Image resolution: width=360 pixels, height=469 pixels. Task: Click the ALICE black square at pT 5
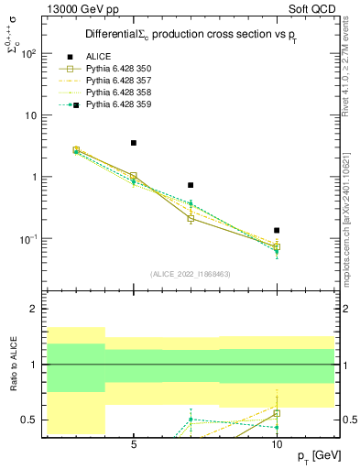pyautogui.click(x=134, y=143)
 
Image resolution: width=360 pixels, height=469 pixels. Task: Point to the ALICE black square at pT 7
pyautogui.click(x=191, y=185)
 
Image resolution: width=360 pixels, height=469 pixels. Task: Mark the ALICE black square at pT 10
pyautogui.click(x=277, y=230)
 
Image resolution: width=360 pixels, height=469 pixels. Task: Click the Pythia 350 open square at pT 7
pyautogui.click(x=191, y=218)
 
